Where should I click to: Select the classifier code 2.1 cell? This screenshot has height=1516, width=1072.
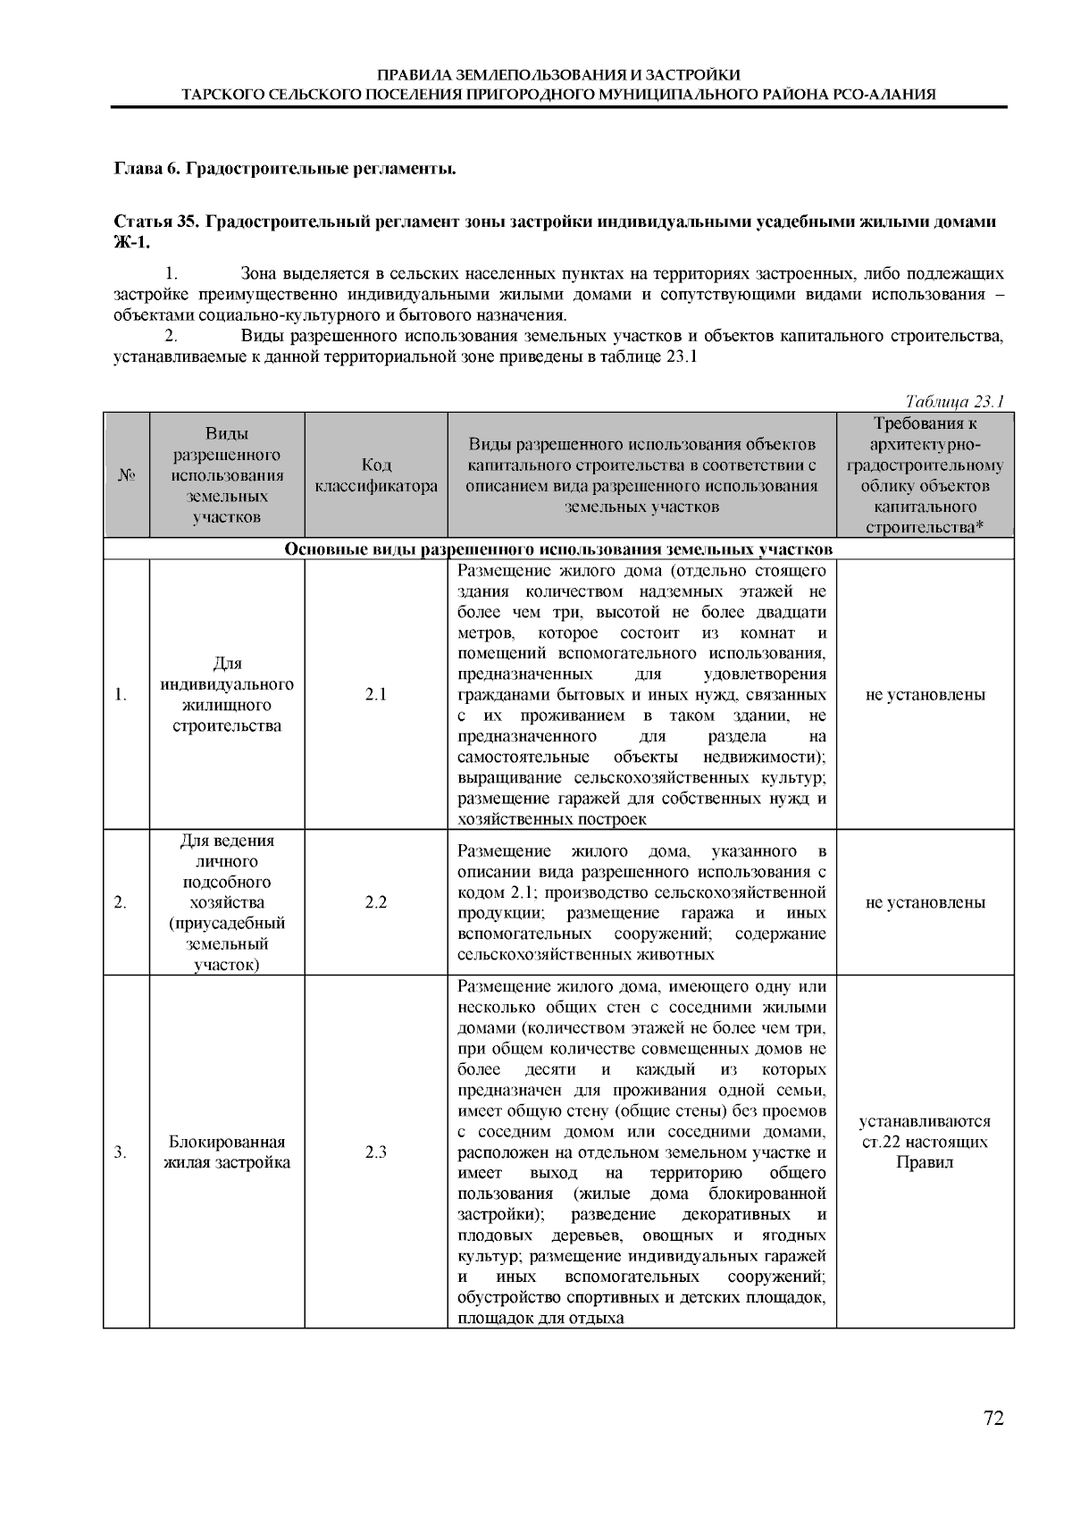pos(376,694)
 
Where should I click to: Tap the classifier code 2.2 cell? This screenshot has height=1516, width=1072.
pos(376,902)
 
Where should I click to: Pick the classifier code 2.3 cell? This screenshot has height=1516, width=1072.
pos(376,1152)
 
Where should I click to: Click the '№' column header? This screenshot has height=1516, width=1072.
pos(126,475)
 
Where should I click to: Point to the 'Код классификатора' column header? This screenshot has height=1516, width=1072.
pos(376,475)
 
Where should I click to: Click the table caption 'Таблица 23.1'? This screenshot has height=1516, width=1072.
pos(955,401)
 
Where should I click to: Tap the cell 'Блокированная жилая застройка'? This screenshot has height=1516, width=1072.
pos(227,1152)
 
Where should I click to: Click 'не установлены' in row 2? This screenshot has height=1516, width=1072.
pos(925,902)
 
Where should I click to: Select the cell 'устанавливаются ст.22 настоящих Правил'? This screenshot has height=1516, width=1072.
pos(925,1142)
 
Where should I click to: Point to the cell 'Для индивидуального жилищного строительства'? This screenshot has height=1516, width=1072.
pos(227,694)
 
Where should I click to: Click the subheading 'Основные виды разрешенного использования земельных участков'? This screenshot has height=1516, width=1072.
pos(558,549)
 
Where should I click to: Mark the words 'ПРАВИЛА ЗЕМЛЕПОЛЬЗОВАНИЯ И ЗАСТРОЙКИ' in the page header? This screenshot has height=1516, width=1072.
pos(558,74)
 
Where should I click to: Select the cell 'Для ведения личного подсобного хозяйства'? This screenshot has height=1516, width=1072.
pos(227,902)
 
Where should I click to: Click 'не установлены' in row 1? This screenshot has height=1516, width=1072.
pos(925,694)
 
